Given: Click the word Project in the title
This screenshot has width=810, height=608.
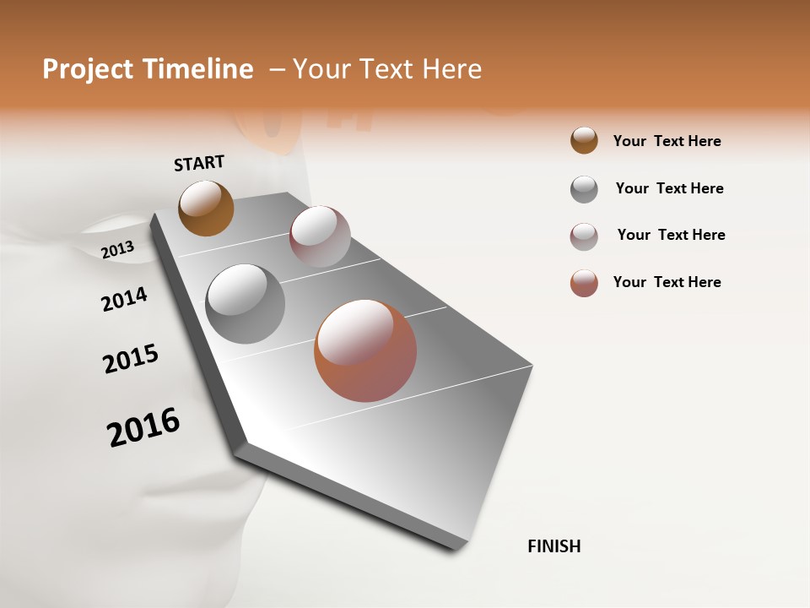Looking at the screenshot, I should pos(84,69).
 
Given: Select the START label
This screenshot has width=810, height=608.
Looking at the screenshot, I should pos(199,163).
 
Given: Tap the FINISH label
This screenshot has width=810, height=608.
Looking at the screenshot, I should pos(553,546).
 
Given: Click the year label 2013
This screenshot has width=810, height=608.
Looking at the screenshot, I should pos(117,250).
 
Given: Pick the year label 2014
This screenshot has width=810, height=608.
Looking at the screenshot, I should pos(124,299).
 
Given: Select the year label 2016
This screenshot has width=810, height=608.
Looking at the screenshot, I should pos(143,426).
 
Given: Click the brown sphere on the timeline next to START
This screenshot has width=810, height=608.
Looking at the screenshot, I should pos(206,208).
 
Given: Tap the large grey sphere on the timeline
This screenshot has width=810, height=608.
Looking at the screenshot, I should pos(246,304).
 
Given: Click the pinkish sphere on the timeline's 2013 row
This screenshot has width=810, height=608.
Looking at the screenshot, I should pos(320,236).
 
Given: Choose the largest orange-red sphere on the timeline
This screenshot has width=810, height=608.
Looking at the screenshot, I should pos(365,350).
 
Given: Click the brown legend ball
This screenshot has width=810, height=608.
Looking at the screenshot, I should pos(584,140).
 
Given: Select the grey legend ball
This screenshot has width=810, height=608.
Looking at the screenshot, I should pos(584,189).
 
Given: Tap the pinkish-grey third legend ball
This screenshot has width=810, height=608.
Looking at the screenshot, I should pos(584,236).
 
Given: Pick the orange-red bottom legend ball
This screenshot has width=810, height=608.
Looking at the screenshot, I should pos(584,283).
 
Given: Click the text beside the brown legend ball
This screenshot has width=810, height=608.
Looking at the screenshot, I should pos(667,141).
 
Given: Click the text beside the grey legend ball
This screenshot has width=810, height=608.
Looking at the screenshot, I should pos(669,188).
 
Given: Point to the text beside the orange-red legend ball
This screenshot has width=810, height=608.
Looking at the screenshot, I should pos(667,282).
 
